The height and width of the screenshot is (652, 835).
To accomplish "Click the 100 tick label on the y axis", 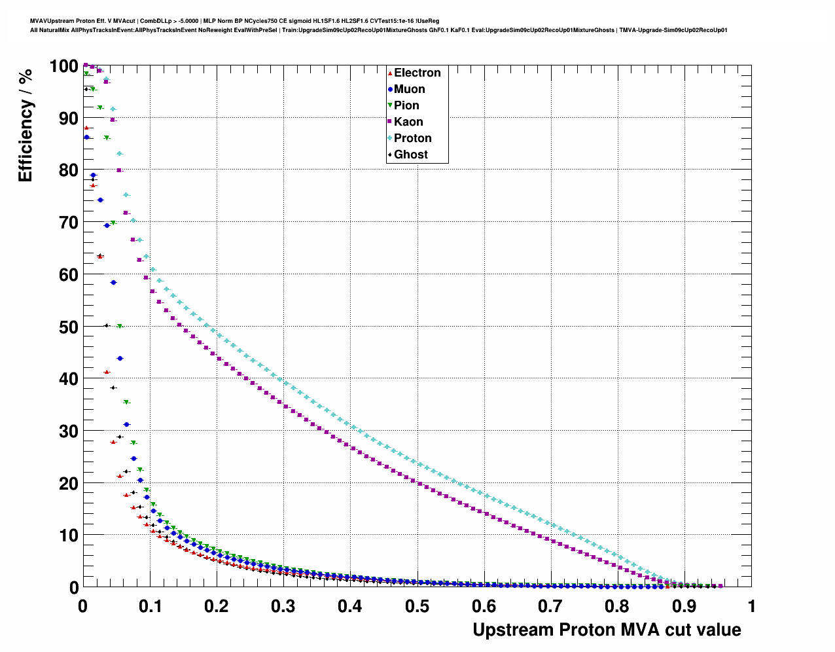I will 63,66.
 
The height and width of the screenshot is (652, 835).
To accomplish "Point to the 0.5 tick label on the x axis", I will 417,606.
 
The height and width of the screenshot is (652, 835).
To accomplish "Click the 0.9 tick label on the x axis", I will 684,606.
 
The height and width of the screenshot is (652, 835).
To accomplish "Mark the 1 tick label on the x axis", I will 751,606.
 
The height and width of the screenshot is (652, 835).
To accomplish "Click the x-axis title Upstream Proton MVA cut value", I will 607,630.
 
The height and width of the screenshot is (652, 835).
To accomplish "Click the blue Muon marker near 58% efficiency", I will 113,282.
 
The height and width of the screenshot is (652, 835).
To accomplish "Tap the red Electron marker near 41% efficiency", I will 107,372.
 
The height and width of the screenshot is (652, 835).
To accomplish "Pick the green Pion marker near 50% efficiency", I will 120,326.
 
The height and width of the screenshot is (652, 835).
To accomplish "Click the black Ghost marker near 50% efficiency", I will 107,325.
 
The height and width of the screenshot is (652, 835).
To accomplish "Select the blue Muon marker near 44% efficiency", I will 120,358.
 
